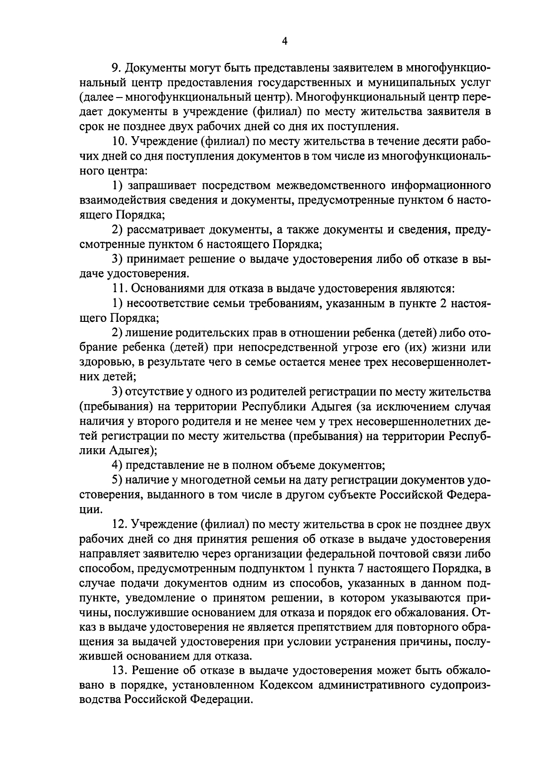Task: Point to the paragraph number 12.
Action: click(119, 525)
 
